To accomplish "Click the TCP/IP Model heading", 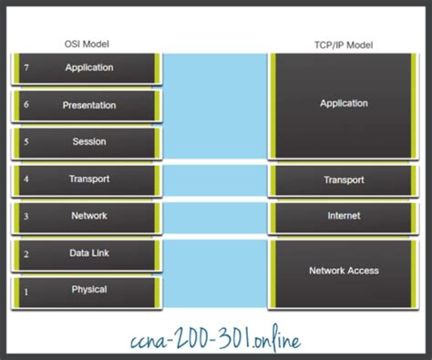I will coord(344,45).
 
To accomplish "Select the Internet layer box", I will coord(344,216).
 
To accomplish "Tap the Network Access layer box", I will coord(344,271).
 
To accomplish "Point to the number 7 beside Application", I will coord(26,68).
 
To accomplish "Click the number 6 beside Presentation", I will coord(26,106).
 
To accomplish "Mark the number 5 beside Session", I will coord(26,142).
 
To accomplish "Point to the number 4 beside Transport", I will coord(26,180).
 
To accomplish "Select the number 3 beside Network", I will coord(26,216).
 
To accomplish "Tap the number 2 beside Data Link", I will coord(26,253).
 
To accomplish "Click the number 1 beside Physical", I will coord(26,291).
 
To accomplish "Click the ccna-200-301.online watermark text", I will coord(215,338).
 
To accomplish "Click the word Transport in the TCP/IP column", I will coord(344,180).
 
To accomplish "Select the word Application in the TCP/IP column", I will coord(344,104).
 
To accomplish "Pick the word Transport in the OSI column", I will coord(88,180).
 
